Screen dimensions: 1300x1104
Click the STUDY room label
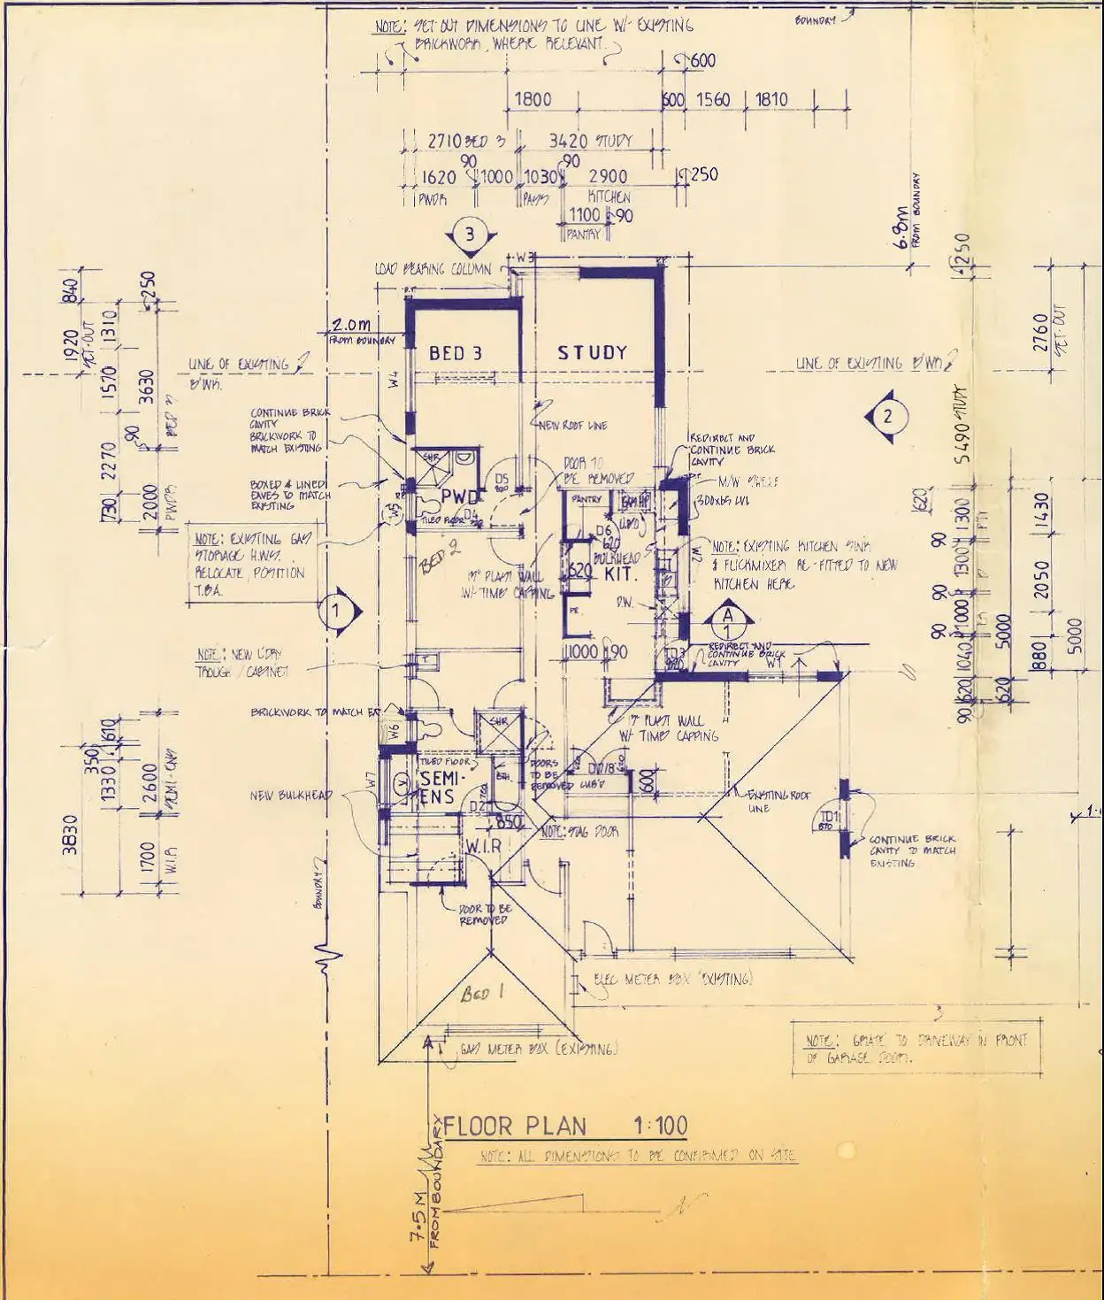coord(592,352)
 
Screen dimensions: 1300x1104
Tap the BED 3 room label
coord(456,353)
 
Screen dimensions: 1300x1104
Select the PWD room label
coord(462,496)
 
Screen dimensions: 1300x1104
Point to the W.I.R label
coord(483,846)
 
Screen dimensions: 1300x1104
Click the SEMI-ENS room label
coord(437,788)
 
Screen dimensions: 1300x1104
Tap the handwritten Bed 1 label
coord(482,994)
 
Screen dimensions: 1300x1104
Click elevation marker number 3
coord(470,235)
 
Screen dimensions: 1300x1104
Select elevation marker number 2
coord(888,417)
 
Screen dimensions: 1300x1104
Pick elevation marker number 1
coord(336,610)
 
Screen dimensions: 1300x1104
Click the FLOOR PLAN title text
coord(514,1126)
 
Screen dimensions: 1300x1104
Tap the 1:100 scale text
coord(660,1126)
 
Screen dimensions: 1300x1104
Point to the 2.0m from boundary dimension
coord(352,329)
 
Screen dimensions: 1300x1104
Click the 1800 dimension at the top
coord(533,99)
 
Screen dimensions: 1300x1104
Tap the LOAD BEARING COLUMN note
coord(433,268)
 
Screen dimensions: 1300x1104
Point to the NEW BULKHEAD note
coord(291,796)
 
